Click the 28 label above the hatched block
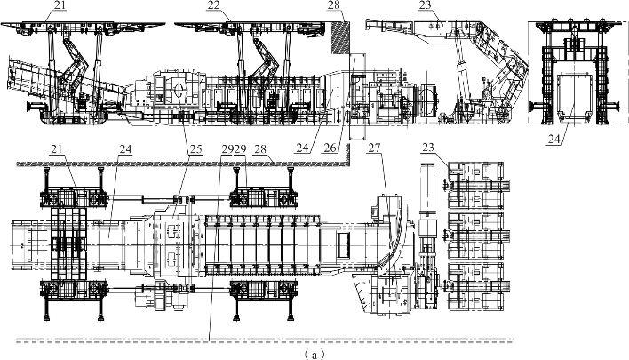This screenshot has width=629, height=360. pyautogui.click(x=334, y=5)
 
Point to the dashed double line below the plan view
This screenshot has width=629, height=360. pyautogui.click(x=267, y=340)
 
